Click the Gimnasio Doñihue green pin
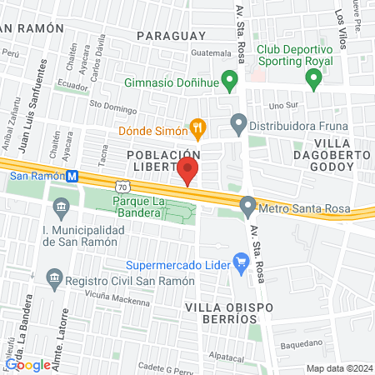(x=232, y=82)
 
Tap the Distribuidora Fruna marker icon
(x=239, y=127)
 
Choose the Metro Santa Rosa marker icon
(x=247, y=205)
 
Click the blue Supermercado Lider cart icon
(x=242, y=264)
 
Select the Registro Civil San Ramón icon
(x=54, y=278)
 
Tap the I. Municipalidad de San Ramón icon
(x=60, y=205)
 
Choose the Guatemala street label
(x=210, y=53)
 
